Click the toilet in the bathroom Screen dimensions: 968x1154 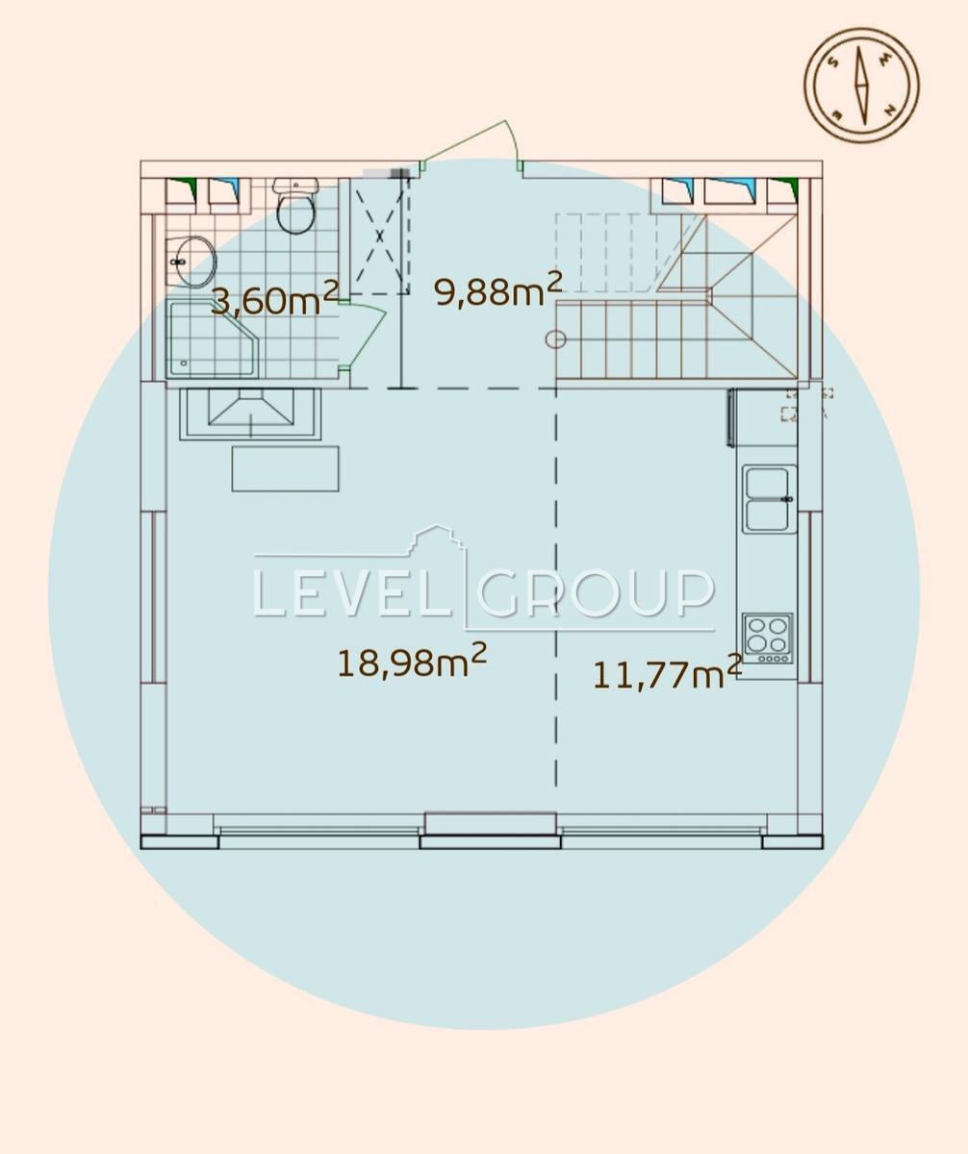(x=296, y=206)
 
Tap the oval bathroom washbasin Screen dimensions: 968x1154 (x=190, y=262)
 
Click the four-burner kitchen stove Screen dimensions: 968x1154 (x=767, y=639)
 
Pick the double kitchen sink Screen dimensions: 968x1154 (x=769, y=499)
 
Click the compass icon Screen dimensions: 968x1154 (x=861, y=86)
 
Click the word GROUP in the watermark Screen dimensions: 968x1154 (x=596, y=593)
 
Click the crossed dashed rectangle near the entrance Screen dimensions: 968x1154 (x=379, y=236)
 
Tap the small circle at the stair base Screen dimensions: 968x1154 (x=555, y=339)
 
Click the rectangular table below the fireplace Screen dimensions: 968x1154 (x=285, y=468)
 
